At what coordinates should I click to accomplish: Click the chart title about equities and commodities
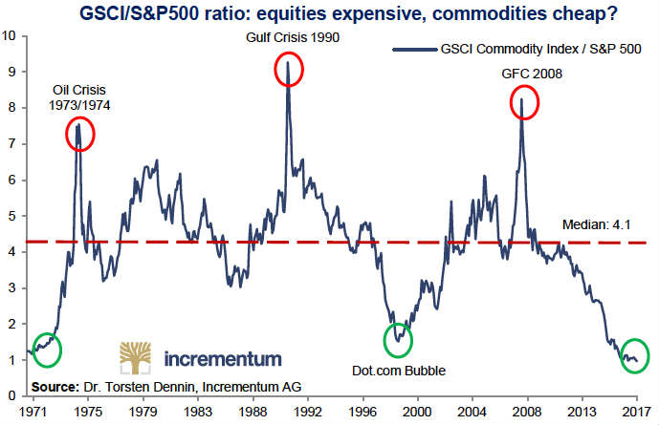point(329,12)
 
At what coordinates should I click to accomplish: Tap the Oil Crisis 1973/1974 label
point(80,98)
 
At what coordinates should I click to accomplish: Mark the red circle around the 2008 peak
point(523,100)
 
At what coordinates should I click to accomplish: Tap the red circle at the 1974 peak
point(79,135)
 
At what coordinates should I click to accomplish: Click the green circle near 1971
point(46,350)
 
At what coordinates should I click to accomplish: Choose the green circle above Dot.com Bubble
point(399,339)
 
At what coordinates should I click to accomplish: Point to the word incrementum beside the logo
point(223,359)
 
